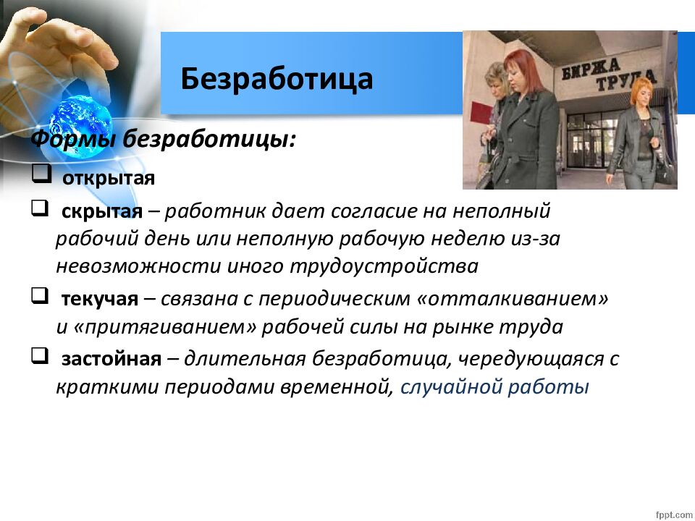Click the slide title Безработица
coord(277,80)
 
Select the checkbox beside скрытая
coord(40,208)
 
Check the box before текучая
coord(40,295)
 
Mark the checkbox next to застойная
coord(40,355)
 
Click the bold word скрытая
coord(102,211)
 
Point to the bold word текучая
coord(100,299)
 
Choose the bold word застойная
coord(111,359)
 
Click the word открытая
coord(109,179)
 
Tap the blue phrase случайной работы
coord(494,386)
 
